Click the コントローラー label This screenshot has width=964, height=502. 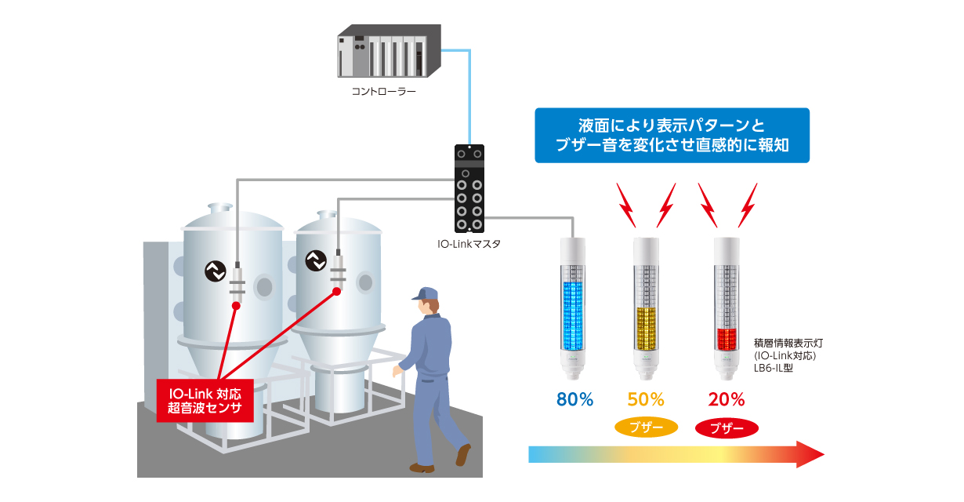pos(383,92)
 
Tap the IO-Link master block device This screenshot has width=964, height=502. pos(470,189)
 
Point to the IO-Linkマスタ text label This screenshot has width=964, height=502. pos(469,244)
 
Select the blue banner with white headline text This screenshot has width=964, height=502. pos(672,136)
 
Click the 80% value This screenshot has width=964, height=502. pos(574,399)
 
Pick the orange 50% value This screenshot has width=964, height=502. pos(646,399)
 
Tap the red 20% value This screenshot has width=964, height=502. pos(727,399)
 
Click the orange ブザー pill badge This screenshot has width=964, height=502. pos(646,428)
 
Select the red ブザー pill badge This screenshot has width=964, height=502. pos(727,428)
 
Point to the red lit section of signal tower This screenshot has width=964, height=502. pos(727,340)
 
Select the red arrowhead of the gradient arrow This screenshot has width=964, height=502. pos(810,454)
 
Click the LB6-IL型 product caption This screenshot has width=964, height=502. pos(774,366)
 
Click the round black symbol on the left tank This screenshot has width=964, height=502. pos(214,271)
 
